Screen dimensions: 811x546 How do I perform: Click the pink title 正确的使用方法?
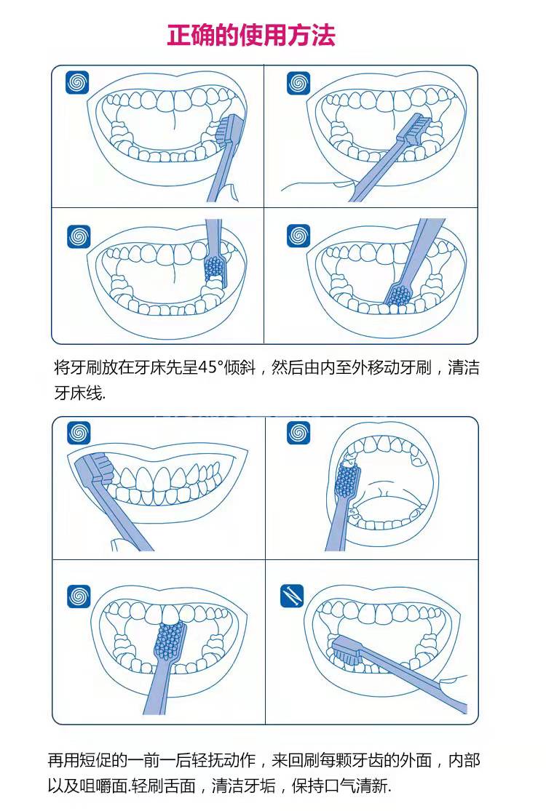click(251, 35)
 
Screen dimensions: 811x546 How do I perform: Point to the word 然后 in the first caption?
click(284, 367)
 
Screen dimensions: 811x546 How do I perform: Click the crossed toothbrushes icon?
click(292, 596)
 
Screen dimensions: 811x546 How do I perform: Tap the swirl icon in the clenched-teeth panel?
click(79, 433)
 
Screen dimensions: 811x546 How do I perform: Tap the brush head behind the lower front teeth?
click(399, 295)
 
